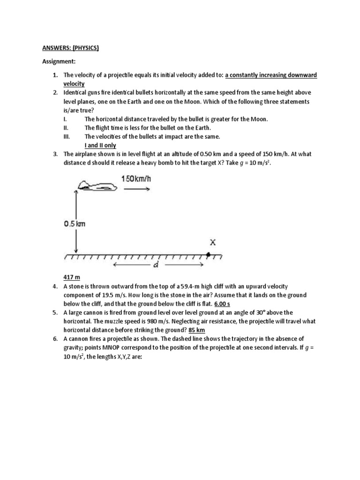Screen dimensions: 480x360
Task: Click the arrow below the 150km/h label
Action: (136, 189)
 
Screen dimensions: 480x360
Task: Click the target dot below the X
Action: (208, 256)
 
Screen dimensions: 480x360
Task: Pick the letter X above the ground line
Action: (212, 243)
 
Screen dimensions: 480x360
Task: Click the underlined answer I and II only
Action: (100, 145)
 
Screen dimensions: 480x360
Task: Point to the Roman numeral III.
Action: (67, 136)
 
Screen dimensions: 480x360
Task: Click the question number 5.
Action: (55, 313)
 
